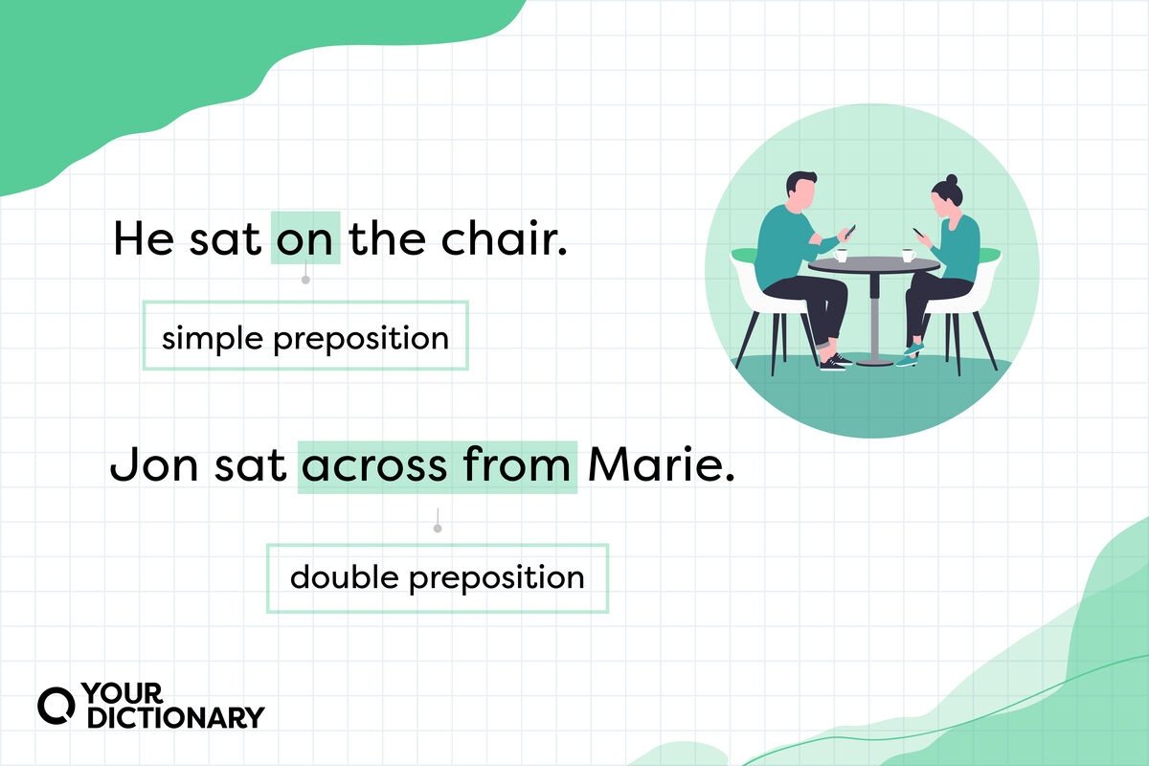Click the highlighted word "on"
pyautogui.click(x=305, y=238)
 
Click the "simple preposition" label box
pyautogui.click(x=305, y=337)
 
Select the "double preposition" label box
pyautogui.click(x=437, y=577)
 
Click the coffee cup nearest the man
pyautogui.click(x=842, y=255)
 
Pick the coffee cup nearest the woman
pyautogui.click(x=907, y=255)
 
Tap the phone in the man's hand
pyautogui.click(x=849, y=231)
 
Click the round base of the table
pyautogui.click(x=873, y=362)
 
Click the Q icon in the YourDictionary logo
pyautogui.click(x=54, y=706)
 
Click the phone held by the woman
pyautogui.click(x=917, y=233)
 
